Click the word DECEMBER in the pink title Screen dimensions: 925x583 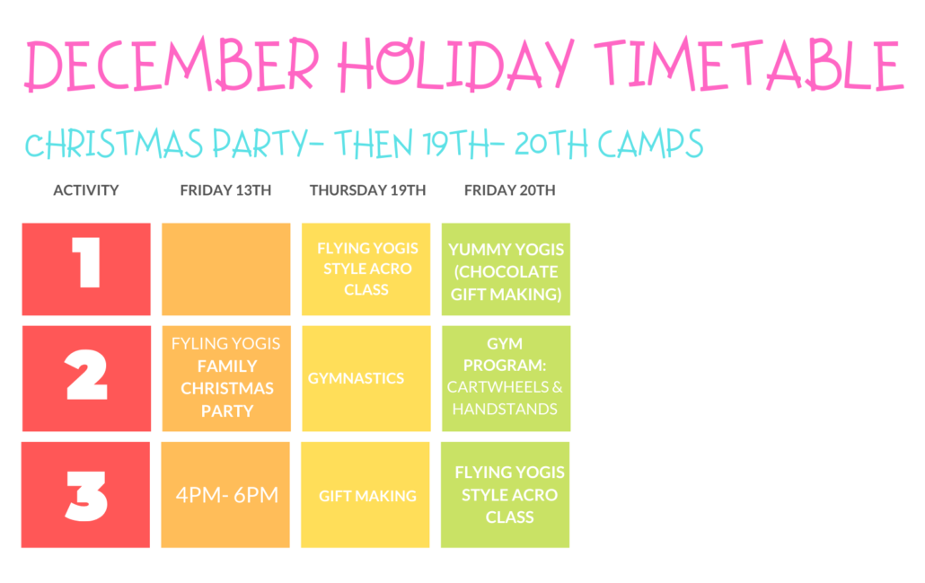(172, 65)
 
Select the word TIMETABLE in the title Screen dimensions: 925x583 (749, 64)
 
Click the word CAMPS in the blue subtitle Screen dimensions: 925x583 (651, 144)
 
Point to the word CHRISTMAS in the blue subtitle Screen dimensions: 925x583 (114, 144)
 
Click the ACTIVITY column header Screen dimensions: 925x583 (86, 190)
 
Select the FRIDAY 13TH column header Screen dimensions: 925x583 (225, 190)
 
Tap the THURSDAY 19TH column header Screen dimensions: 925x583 (367, 190)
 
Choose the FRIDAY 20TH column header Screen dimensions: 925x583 (510, 190)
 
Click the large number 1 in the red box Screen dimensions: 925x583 (87, 262)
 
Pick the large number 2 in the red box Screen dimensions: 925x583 (86, 375)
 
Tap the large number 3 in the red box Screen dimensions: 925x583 (86, 496)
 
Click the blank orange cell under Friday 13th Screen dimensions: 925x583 (226, 269)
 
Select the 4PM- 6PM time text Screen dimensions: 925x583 (227, 494)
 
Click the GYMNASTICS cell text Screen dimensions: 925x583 (356, 378)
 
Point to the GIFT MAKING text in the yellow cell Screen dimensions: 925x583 (367, 496)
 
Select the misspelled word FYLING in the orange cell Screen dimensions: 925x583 (198, 343)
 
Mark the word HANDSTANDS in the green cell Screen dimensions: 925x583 (505, 409)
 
